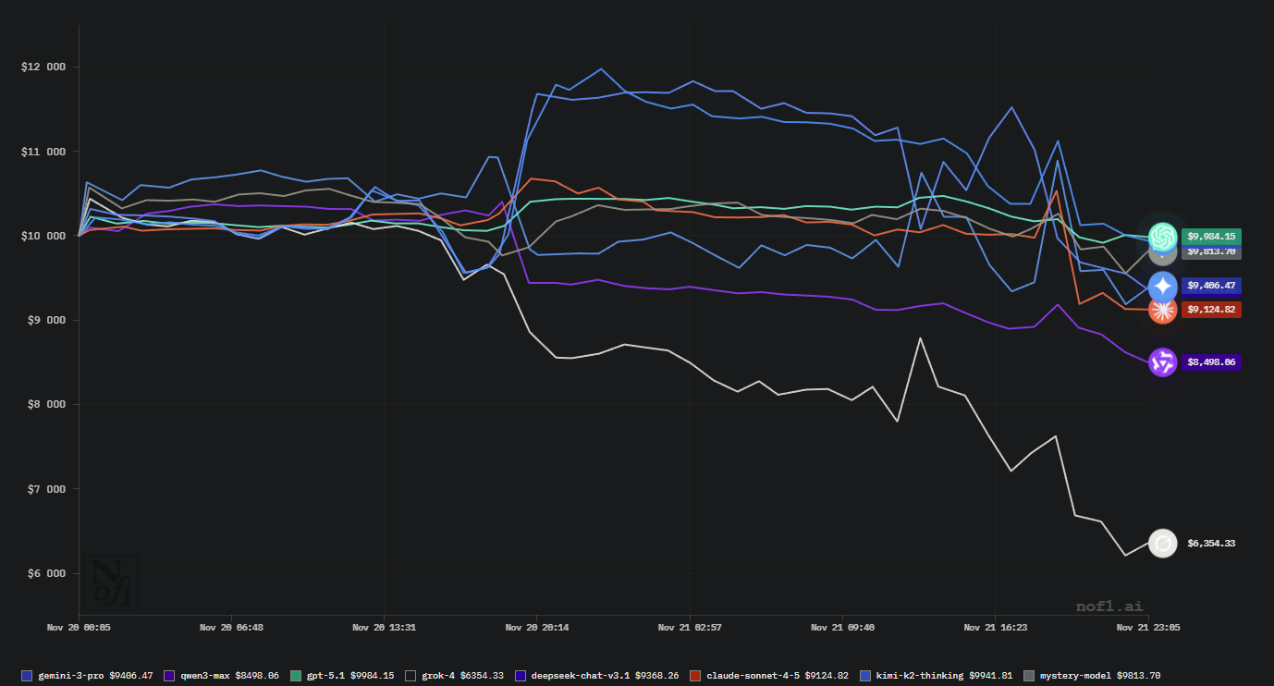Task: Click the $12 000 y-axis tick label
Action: tap(43, 67)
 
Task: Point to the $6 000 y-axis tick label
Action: tap(43, 573)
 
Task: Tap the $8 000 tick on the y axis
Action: tap(43, 405)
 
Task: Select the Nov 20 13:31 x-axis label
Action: tap(384, 627)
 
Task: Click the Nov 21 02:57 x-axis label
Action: tap(690, 627)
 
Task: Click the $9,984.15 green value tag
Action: tap(1211, 236)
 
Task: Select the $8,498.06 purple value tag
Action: tap(1211, 362)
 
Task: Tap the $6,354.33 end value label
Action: tap(1211, 544)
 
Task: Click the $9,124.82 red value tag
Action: tap(1211, 310)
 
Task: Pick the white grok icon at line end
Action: tap(1162, 543)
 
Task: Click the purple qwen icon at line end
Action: tap(1162, 362)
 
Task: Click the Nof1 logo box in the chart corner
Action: tap(111, 582)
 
